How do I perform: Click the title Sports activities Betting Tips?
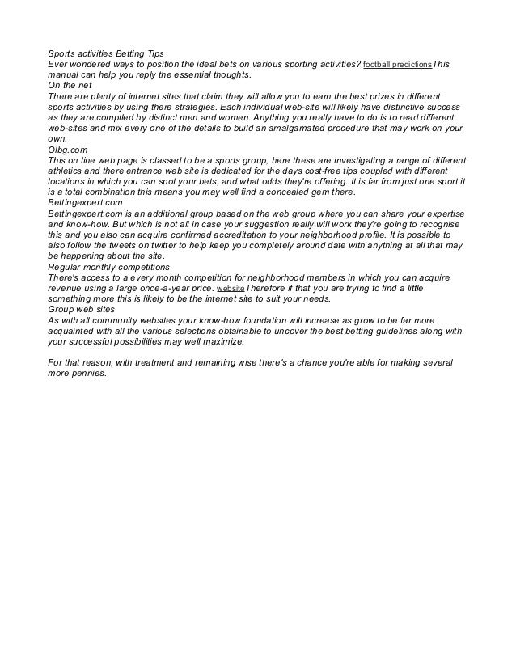94,53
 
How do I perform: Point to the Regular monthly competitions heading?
108,266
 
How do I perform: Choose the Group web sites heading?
82,309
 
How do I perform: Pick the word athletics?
70,171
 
